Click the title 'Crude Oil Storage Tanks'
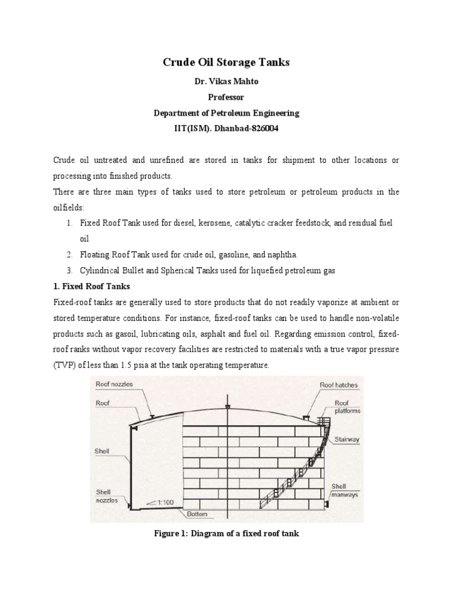point(226,63)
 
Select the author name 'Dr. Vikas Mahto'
point(226,82)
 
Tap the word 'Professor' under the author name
point(226,97)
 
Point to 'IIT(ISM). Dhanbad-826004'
point(226,128)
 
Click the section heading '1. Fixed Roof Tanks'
point(91,286)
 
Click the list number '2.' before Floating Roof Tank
point(69,255)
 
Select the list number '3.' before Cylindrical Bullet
point(69,271)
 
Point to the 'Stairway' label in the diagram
point(348,439)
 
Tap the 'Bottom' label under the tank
point(197,514)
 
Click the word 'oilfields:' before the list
point(69,207)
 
